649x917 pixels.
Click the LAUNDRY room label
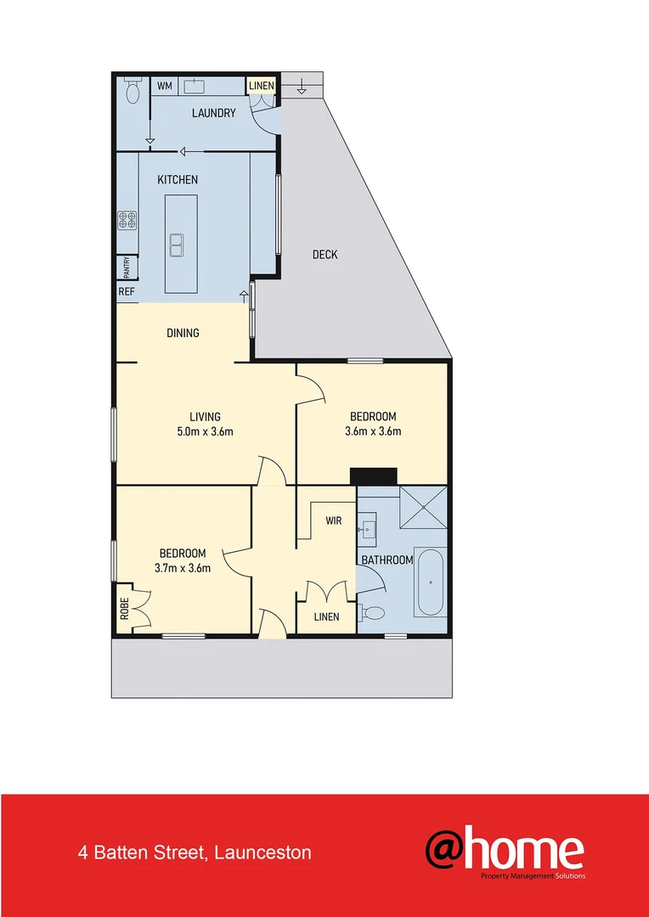(213, 113)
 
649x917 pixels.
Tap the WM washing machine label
(164, 86)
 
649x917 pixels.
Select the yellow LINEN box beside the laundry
(262, 86)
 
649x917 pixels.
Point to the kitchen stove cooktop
(127, 221)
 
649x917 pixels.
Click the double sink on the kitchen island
(178, 245)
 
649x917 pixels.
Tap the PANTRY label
(127, 267)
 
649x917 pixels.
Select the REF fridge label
(127, 291)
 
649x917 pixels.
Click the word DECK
(324, 255)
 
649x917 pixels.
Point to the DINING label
(183, 333)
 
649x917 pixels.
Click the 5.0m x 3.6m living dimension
(205, 431)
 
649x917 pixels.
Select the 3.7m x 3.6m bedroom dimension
(183, 568)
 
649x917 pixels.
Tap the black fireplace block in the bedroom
(374, 476)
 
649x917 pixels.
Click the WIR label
(333, 520)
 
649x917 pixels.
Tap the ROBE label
(124, 609)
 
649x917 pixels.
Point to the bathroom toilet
(372, 612)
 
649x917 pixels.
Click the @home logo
(505, 852)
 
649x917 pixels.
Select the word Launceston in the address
(263, 852)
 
